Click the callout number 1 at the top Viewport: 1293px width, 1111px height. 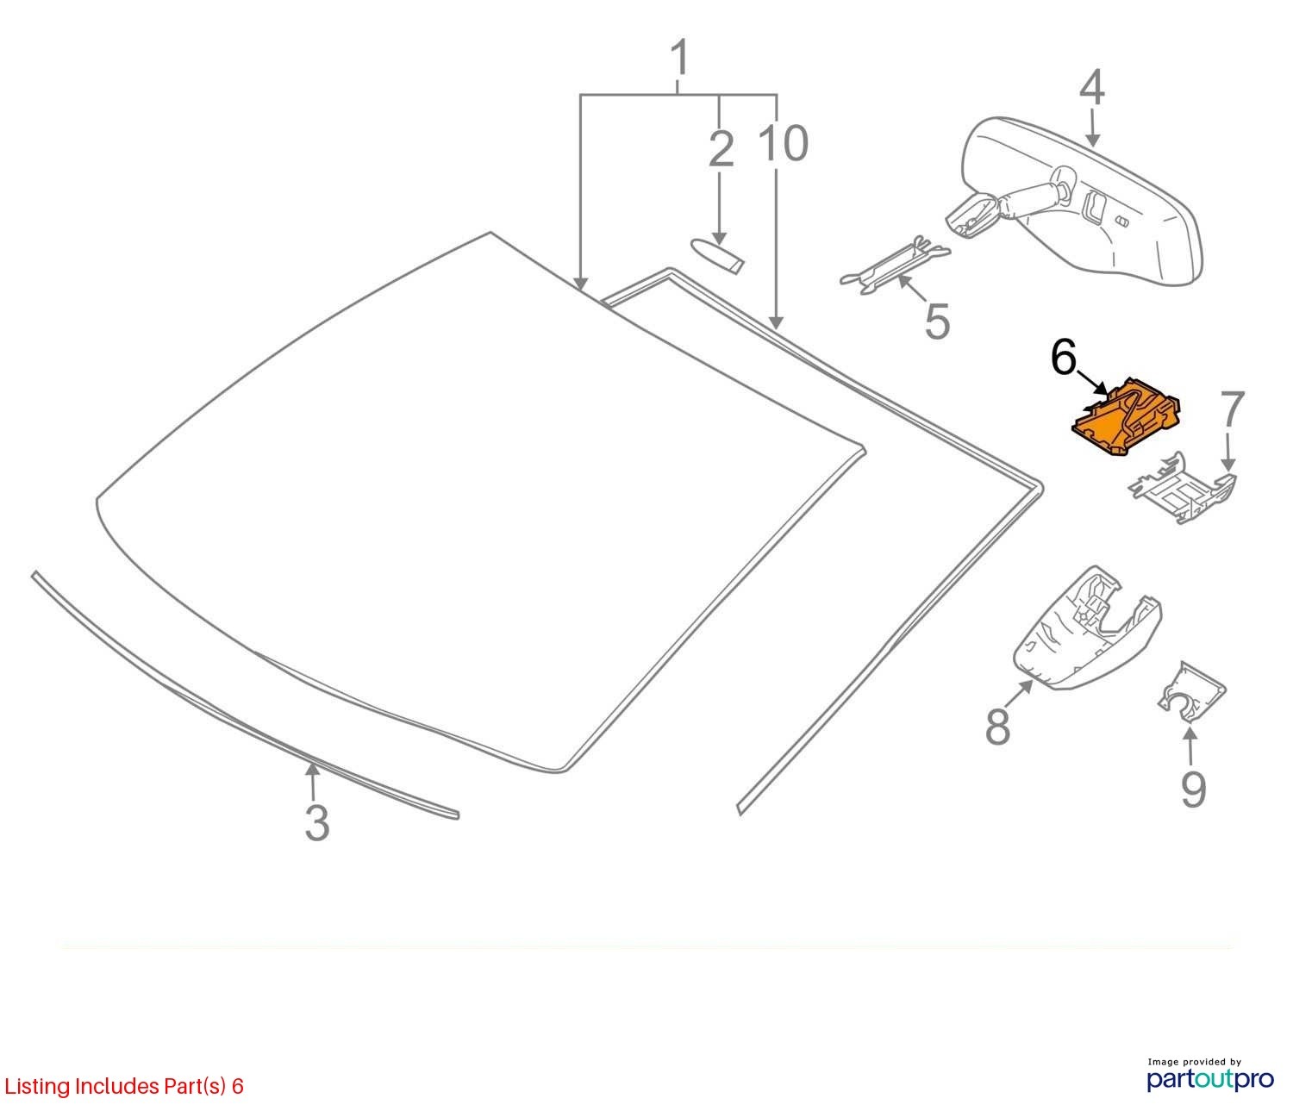click(x=680, y=59)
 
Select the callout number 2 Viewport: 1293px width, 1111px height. click(x=721, y=148)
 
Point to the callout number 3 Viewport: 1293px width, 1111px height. click(x=317, y=822)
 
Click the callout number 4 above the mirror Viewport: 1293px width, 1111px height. click(x=1091, y=90)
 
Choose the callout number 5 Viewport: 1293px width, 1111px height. click(x=937, y=321)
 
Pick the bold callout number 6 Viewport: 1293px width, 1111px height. click(x=1064, y=358)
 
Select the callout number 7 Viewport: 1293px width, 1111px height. click(x=1233, y=410)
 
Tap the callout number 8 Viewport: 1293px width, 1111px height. click(x=997, y=726)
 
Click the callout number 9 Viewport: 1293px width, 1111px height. click(x=1193, y=789)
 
